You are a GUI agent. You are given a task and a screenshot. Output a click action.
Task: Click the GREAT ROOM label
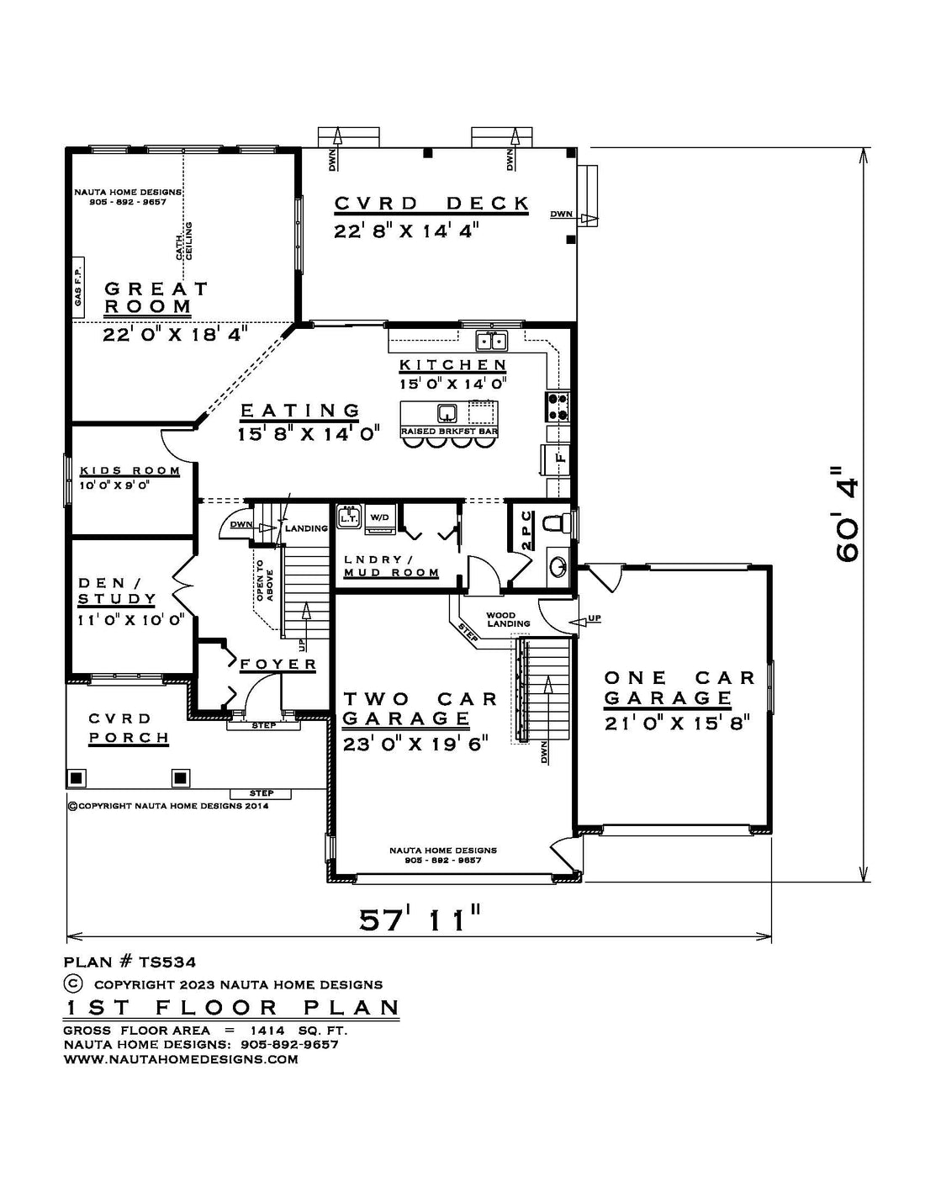click(156, 298)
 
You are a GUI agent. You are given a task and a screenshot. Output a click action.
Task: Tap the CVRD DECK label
click(431, 204)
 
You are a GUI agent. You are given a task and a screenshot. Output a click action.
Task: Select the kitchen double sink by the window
click(492, 340)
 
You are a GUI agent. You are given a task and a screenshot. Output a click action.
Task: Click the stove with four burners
click(558, 406)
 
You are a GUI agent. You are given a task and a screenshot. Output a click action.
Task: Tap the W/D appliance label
click(379, 517)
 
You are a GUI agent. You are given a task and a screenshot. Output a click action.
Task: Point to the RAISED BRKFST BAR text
click(449, 431)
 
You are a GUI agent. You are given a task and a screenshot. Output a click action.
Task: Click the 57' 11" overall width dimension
click(420, 920)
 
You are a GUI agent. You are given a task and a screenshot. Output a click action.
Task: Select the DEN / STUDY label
click(118, 591)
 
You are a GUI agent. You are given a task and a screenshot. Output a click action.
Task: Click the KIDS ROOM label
click(130, 471)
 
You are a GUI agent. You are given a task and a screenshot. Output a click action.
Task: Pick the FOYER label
click(278, 665)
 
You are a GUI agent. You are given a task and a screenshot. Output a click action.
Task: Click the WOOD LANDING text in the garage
click(508, 619)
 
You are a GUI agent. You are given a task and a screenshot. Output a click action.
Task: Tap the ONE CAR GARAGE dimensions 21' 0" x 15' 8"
click(677, 722)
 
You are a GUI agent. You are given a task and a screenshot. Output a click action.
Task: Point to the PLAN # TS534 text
click(130, 962)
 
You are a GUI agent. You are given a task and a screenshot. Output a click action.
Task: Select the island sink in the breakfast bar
click(447, 412)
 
